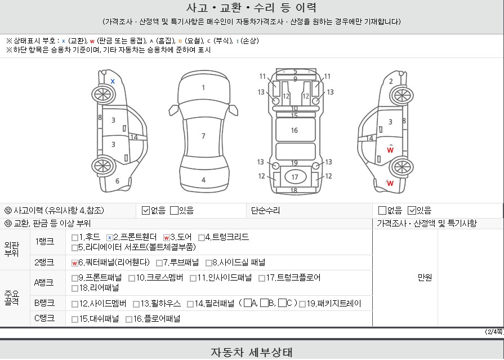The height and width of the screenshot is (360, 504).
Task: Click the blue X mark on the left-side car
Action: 113,81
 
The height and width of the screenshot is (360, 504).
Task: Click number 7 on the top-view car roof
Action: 203,136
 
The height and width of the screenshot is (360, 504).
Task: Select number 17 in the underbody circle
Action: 295,177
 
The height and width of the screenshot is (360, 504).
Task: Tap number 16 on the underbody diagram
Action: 294,130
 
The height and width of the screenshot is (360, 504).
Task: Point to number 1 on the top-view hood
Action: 203,87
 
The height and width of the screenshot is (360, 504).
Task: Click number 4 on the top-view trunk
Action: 203,180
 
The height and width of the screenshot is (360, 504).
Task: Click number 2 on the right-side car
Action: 391,81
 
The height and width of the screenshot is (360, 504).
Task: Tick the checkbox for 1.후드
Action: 75,238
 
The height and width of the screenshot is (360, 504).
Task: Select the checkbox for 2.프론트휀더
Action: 110,238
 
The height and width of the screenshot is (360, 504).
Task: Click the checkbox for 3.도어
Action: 167,238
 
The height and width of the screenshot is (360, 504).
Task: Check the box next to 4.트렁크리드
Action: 202,238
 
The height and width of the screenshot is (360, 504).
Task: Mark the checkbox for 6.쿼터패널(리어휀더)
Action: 75,263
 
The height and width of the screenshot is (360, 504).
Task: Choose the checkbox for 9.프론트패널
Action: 75,278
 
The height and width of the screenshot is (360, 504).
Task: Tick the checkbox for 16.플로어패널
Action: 130,319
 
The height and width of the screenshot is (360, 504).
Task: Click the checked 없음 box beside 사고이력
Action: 146,211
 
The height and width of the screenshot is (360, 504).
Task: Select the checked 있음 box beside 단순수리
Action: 412,211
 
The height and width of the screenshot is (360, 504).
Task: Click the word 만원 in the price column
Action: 425,278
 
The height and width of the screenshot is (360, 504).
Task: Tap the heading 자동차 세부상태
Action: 252,353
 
